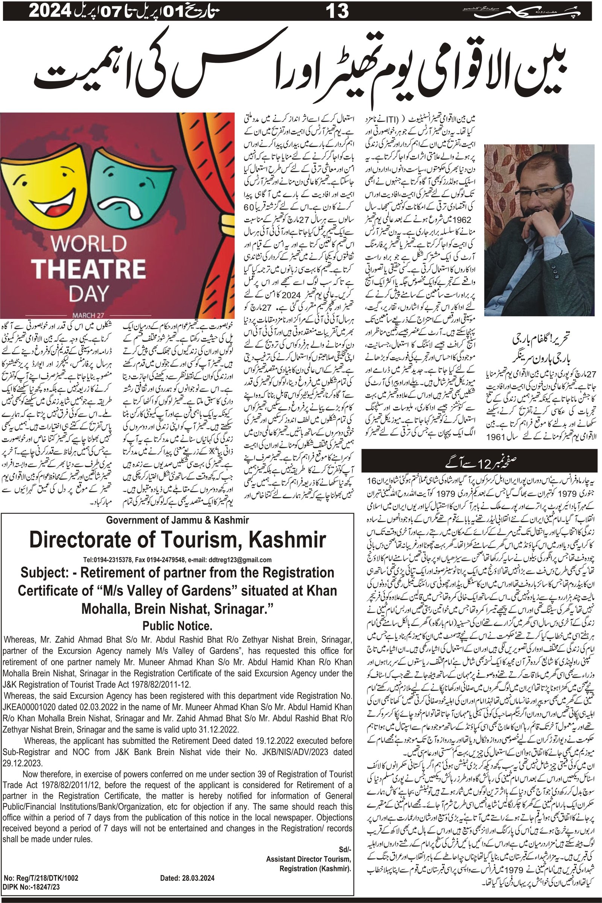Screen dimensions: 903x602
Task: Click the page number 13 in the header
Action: pyautogui.click(x=337, y=11)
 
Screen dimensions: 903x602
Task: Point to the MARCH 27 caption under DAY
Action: pyautogui.click(x=89, y=315)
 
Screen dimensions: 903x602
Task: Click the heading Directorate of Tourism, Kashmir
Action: pyautogui.click(x=177, y=540)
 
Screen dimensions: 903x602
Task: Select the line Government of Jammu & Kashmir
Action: pyautogui.click(x=177, y=520)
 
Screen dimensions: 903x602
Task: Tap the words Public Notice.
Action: pyautogui.click(x=177, y=626)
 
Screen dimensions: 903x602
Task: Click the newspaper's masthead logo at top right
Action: pyautogui.click(x=526, y=12)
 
